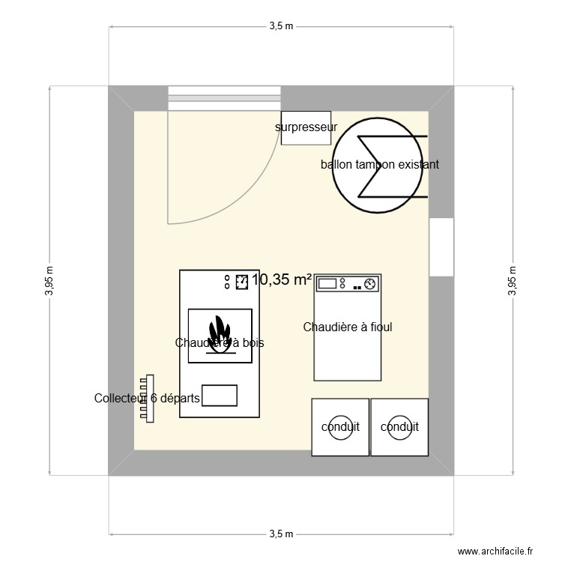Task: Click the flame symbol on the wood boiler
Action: pyautogui.click(x=219, y=335)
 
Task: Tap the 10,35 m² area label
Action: pyautogui.click(x=282, y=280)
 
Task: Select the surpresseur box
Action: pyautogui.click(x=306, y=127)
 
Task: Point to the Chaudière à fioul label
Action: pyautogui.click(x=348, y=327)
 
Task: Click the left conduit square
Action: pyautogui.click(x=340, y=427)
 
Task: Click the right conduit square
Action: pyautogui.click(x=399, y=427)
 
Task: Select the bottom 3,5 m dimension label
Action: pyautogui.click(x=281, y=534)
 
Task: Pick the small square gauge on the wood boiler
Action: pyautogui.click(x=242, y=282)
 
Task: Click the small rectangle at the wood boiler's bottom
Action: pyautogui.click(x=220, y=396)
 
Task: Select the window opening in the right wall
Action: pyautogui.click(x=442, y=247)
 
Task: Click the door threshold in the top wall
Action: pyautogui.click(x=225, y=94)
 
